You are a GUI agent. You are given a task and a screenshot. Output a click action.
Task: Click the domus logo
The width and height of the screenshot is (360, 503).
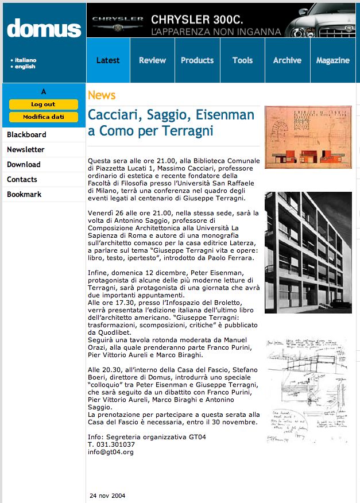tap(44, 28)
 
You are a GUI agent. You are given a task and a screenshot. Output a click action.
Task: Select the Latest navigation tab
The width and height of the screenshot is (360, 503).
tap(108, 60)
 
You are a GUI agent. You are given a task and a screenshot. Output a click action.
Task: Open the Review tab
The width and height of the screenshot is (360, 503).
tap(152, 60)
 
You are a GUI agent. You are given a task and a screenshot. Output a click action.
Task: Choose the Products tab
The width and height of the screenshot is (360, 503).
tap(197, 60)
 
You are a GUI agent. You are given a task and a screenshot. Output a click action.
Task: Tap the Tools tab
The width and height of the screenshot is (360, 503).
tap(242, 60)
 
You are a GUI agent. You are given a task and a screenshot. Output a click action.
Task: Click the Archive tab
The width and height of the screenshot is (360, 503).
tap(287, 60)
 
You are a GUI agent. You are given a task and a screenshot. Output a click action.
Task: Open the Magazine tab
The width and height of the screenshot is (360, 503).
tap(332, 60)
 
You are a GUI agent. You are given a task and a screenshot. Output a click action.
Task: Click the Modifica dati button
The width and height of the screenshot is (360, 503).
tap(44, 117)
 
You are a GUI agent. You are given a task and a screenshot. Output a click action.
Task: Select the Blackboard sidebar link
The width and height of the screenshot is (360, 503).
tap(26, 134)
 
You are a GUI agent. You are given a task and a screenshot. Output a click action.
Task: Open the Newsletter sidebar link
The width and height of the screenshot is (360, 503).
tap(25, 149)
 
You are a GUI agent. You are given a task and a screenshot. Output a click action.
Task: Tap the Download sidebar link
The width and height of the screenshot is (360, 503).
tap(24, 164)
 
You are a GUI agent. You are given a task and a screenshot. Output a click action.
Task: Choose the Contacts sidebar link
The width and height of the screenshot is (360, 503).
tap(22, 179)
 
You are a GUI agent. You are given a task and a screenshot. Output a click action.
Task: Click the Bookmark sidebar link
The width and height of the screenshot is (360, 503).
tap(24, 194)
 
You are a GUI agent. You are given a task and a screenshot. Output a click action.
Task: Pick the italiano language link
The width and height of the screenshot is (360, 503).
tap(25, 60)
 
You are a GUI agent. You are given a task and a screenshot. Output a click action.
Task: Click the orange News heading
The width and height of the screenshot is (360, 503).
tap(102, 95)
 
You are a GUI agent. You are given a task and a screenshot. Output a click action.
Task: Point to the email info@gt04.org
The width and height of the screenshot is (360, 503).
tap(110, 452)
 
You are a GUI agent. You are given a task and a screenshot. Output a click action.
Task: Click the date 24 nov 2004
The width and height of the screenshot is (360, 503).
tap(107, 495)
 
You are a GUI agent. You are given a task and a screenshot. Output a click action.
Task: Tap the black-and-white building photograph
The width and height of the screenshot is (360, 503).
tap(308, 253)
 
